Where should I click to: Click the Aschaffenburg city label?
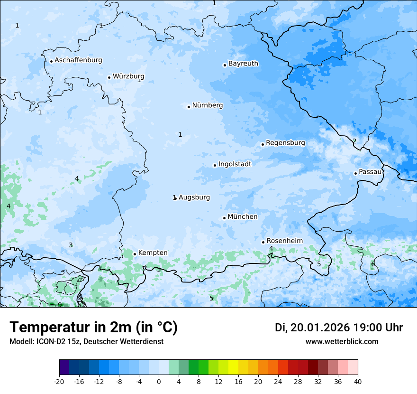pos(78,60)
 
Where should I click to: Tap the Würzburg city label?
pos(128,76)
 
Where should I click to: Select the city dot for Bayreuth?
pos(225,65)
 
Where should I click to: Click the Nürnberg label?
pos(207,105)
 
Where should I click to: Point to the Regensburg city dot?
pos(263,144)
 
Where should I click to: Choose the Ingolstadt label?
pos(235,164)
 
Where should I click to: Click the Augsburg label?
pos(194,197)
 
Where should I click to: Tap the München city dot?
pos(224,218)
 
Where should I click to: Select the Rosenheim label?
pos(284,241)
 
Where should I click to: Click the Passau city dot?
pos(355,173)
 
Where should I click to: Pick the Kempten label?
pos(153,253)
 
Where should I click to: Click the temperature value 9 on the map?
pos(60,305)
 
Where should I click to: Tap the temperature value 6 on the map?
pos(373,264)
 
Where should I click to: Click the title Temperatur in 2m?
pos(93,328)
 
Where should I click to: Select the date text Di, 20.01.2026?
pos(312,328)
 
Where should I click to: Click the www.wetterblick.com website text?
pos(342,342)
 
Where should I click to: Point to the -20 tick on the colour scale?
pos(59,381)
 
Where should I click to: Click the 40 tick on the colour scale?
pos(358,381)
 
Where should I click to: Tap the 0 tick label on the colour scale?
pos(159,381)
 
